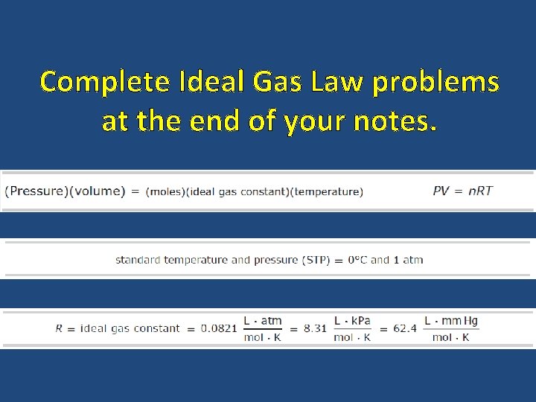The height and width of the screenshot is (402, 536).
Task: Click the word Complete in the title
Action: (x=104, y=81)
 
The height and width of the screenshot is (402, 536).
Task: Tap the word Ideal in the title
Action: (x=209, y=81)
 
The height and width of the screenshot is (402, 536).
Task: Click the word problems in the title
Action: (x=435, y=83)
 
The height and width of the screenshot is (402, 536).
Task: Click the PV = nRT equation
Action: (x=462, y=191)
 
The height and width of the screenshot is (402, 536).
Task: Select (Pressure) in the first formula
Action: (x=36, y=191)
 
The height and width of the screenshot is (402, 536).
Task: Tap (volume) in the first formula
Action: (x=96, y=191)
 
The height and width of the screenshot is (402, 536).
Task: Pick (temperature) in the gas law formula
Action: (x=328, y=192)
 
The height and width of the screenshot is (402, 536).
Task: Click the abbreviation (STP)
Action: (x=316, y=260)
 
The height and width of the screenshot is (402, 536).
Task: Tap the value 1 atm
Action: (x=407, y=260)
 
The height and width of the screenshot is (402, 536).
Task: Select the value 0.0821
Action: (x=220, y=328)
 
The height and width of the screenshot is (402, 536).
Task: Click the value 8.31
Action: (x=315, y=328)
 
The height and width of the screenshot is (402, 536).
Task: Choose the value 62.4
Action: (x=404, y=328)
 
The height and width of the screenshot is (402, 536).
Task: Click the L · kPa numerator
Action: (x=353, y=321)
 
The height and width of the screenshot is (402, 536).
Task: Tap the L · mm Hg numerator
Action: (x=451, y=321)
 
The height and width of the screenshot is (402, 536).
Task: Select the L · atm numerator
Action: (x=263, y=321)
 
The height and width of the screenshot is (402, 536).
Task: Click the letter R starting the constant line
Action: (x=59, y=328)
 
